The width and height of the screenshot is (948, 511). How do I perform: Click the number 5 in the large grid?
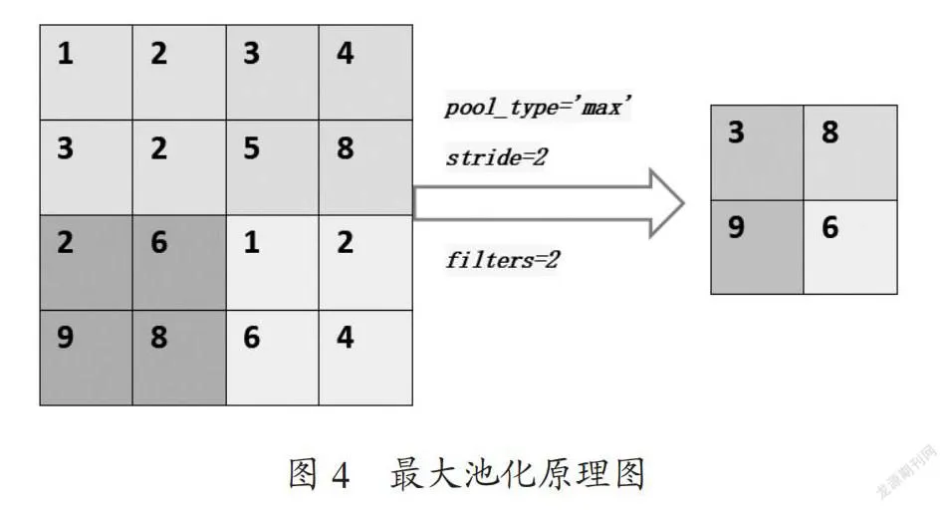252,148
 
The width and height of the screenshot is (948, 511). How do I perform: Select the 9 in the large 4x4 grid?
66,337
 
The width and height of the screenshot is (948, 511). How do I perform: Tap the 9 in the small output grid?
736,227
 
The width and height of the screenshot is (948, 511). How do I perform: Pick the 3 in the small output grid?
736,132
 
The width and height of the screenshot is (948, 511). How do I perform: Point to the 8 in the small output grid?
830,132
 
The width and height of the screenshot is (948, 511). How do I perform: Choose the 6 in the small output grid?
830,227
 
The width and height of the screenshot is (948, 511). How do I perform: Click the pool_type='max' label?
538,107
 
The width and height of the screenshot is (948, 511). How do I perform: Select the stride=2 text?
496,157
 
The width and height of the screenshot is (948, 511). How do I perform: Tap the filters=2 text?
503,260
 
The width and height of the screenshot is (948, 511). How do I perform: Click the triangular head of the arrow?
664,203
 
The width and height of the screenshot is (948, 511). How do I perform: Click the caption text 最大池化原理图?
518,473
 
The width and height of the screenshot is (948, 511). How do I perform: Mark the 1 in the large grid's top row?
66,53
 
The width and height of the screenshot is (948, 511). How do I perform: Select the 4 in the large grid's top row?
346,53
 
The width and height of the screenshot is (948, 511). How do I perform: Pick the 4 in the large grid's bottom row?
346,337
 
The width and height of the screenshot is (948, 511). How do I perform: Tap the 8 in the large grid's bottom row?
159,337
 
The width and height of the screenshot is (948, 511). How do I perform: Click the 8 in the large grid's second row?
346,148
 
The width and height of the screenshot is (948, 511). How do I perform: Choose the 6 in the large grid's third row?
159,242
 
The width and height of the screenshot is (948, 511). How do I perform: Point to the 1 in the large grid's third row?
252,242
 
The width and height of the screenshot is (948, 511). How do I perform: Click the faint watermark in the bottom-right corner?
907,473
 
